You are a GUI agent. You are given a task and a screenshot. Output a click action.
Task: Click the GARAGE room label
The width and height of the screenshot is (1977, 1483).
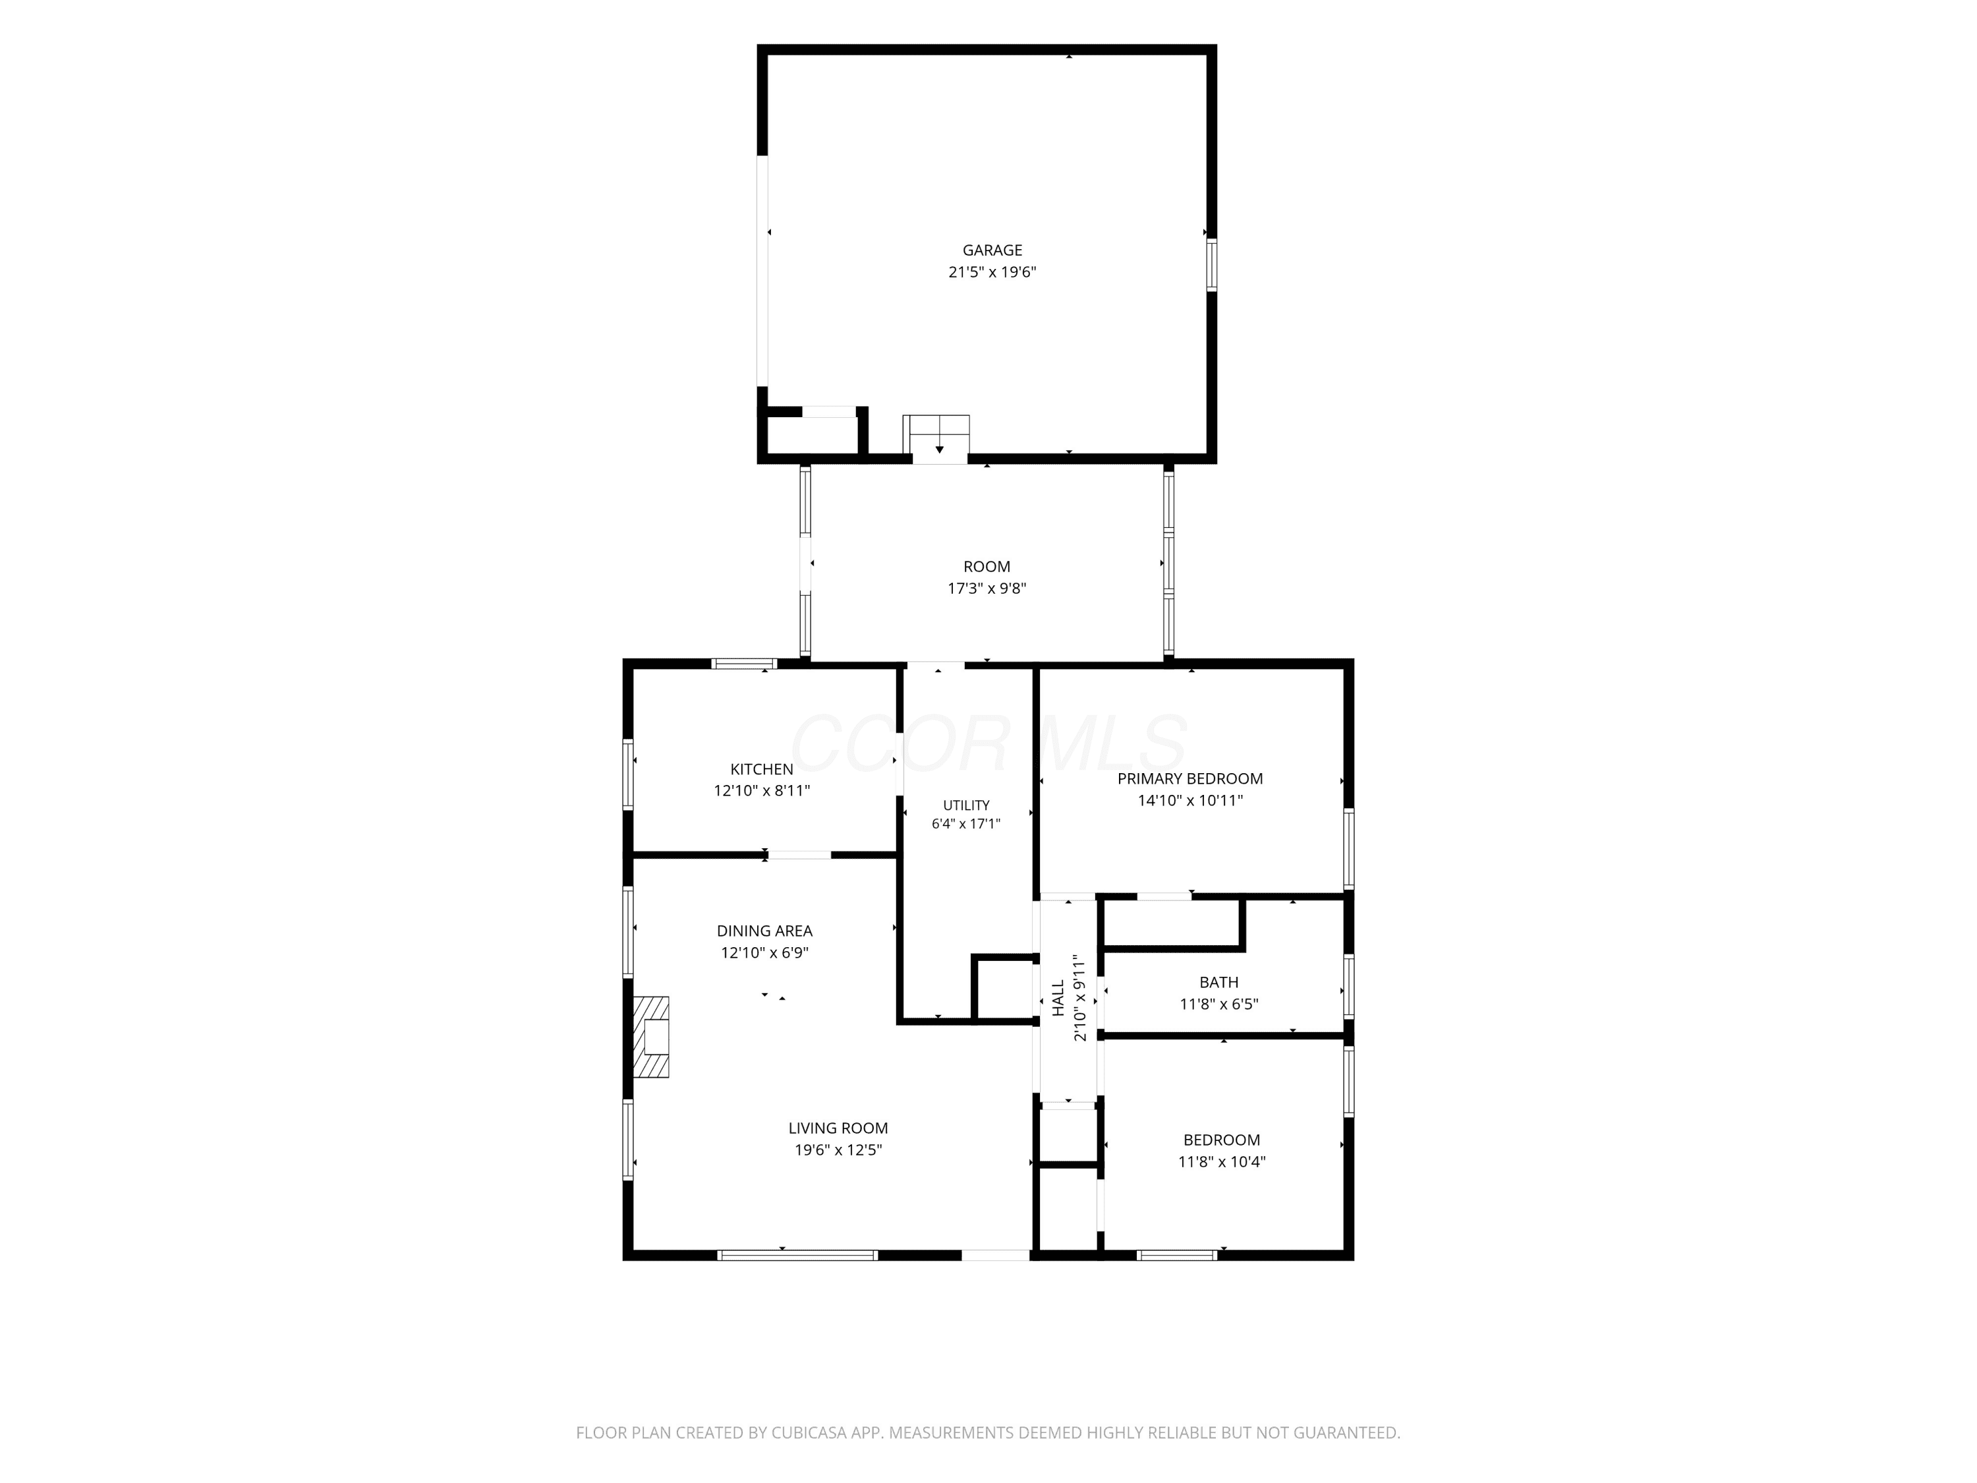pyautogui.click(x=992, y=250)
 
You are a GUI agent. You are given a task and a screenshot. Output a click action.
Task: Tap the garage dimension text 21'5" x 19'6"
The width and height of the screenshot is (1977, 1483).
pyautogui.click(x=992, y=272)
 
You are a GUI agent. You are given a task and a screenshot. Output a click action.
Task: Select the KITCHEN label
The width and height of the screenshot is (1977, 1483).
pyautogui.click(x=762, y=769)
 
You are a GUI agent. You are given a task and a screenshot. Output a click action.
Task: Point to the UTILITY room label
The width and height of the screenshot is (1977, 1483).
pyautogui.click(x=966, y=805)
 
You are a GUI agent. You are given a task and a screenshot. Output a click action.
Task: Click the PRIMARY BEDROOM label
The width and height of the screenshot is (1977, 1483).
pyautogui.click(x=1189, y=778)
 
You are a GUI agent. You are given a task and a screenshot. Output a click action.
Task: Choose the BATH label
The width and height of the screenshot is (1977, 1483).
pyautogui.click(x=1219, y=983)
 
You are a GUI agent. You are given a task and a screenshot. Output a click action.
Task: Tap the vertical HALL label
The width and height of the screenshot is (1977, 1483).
pyautogui.click(x=1058, y=998)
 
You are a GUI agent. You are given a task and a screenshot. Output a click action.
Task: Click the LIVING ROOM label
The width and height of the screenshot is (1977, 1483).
pyautogui.click(x=838, y=1128)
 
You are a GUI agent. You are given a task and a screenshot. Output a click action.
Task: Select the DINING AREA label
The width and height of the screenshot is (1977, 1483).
pyautogui.click(x=764, y=931)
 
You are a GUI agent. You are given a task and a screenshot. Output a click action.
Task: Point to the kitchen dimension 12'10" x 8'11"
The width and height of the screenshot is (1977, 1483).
pyautogui.click(x=762, y=790)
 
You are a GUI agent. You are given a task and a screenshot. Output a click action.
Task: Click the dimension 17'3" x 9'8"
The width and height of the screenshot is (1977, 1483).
pyautogui.click(x=987, y=588)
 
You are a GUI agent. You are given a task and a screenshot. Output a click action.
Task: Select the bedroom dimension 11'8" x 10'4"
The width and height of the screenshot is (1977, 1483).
pyautogui.click(x=1222, y=1162)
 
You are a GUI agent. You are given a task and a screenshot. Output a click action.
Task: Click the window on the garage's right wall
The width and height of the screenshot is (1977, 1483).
pyautogui.click(x=1212, y=264)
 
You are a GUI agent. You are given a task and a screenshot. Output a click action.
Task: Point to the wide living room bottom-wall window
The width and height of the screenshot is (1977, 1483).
pyautogui.click(x=797, y=1255)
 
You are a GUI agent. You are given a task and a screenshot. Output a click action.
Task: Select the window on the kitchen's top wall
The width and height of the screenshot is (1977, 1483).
pyautogui.click(x=743, y=663)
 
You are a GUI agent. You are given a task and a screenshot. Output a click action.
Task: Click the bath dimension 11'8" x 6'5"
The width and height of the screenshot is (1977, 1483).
pyautogui.click(x=1219, y=1004)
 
